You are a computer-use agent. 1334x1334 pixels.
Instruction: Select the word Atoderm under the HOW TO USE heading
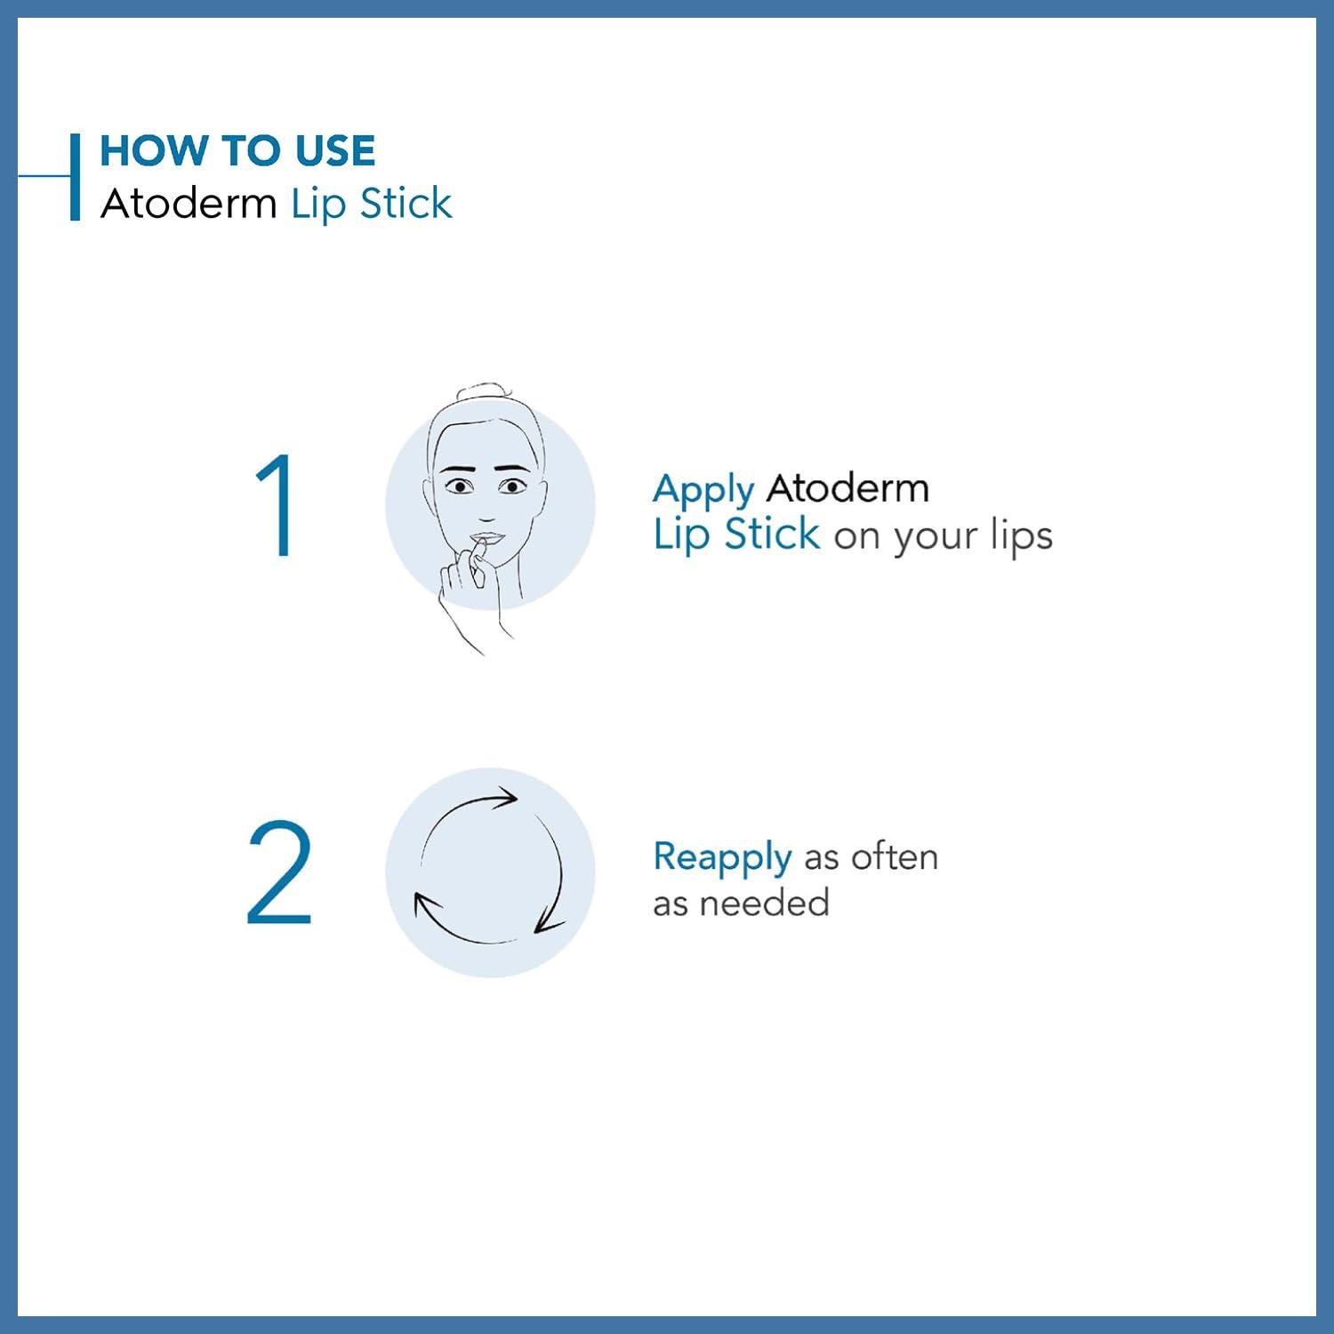(189, 204)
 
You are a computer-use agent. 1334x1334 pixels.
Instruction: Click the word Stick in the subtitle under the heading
(406, 204)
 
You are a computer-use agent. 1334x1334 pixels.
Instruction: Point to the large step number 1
(277, 505)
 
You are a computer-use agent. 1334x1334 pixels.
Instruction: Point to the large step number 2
(279, 872)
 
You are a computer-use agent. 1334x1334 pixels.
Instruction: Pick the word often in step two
(894, 857)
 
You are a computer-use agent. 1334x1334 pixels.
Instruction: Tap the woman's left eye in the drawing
(513, 486)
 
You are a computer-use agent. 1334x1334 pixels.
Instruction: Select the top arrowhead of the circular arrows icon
(507, 796)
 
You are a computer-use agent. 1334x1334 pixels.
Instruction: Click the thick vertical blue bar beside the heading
(76, 176)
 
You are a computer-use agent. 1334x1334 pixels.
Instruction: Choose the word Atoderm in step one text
(848, 488)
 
